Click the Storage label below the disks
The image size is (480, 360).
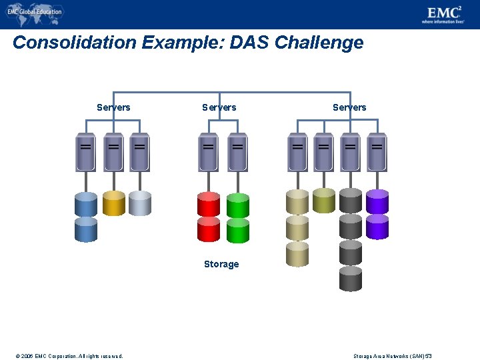coord(221,264)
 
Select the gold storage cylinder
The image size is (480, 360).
coord(114,203)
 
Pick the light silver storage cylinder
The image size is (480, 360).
coord(140,203)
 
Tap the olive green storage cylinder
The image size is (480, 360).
coord(324,200)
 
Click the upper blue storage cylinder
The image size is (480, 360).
coord(86,204)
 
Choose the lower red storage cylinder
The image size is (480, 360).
coord(209,229)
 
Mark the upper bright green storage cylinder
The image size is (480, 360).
coord(238,205)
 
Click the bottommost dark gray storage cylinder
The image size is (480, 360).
coord(351,279)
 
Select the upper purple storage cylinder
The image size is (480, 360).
coord(377,201)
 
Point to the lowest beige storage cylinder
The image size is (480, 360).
coord(297,253)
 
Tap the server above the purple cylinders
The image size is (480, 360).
coord(377,152)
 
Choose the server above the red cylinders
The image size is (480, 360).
coord(209,152)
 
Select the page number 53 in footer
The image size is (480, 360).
coord(429,355)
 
